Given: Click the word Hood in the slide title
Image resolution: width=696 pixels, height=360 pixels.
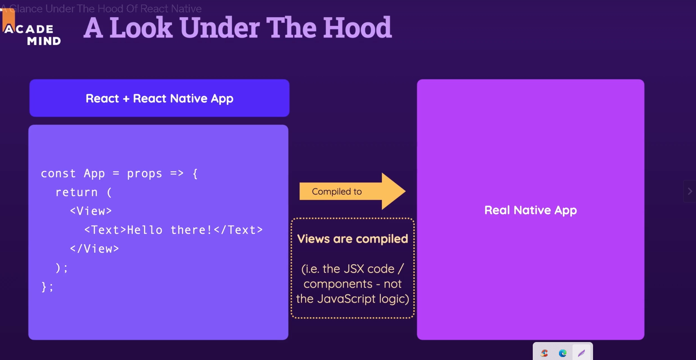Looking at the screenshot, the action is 358,27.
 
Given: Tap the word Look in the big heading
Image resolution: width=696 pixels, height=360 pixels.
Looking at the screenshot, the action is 141,27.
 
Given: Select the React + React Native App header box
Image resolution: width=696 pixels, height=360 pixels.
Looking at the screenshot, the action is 159,98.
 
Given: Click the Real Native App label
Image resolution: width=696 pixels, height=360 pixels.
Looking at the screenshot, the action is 531,210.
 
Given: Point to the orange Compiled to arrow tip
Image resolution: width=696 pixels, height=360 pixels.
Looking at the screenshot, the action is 405,191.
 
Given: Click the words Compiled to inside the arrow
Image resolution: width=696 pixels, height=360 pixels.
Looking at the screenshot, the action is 337,192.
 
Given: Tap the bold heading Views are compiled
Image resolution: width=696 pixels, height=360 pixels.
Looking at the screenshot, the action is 352,239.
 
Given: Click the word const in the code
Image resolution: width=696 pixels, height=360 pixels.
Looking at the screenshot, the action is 58,174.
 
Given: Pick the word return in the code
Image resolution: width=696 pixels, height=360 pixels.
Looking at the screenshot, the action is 76,192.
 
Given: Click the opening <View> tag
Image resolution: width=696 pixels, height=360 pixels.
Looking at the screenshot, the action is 91,211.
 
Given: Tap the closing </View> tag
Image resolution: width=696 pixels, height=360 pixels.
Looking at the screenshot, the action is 94,249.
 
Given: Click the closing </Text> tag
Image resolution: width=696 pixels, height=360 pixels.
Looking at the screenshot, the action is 238,230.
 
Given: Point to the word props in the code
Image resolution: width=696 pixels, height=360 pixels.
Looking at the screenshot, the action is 145,174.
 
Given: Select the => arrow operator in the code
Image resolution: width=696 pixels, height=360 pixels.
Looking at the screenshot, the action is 177,173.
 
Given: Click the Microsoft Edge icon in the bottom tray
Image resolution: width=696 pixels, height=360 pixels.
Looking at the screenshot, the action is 562,353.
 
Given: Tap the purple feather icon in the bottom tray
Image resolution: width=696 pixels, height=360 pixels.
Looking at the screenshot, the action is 581,353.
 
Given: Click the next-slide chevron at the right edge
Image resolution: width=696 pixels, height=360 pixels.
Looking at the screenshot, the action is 690,191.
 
